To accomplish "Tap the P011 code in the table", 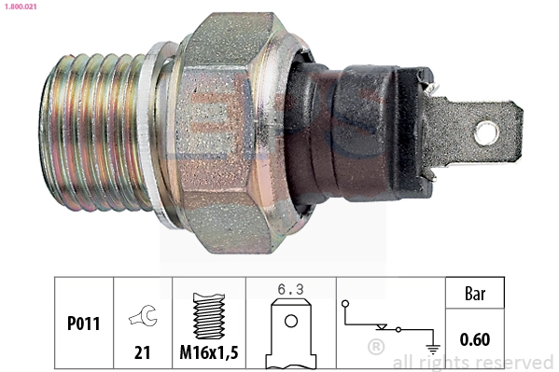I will click(x=84, y=324).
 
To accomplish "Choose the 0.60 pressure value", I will click(x=476, y=339).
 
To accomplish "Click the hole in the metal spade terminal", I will click(x=485, y=132).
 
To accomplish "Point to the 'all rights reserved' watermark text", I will click(x=473, y=362).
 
